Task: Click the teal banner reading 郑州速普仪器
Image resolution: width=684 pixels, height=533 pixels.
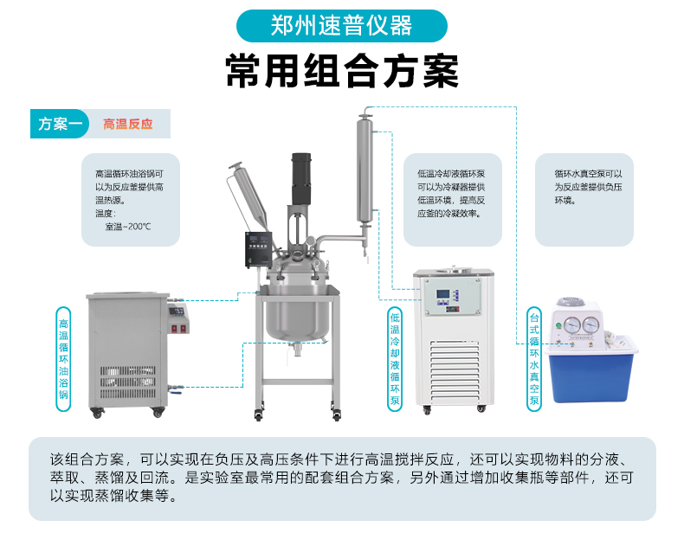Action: pyautogui.click(x=341, y=26)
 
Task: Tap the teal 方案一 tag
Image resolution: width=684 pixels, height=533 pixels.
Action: pyautogui.click(x=60, y=124)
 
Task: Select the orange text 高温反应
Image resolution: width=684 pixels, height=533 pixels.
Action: pyautogui.click(x=128, y=125)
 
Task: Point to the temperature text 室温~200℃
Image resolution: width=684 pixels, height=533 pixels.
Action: pyautogui.click(x=128, y=227)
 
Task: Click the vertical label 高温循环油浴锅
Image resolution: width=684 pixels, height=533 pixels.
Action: pyautogui.click(x=64, y=359)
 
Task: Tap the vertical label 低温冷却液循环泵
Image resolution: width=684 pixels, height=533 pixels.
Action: pyautogui.click(x=395, y=359)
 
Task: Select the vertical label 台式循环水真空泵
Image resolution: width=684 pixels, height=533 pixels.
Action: pyautogui.click(x=534, y=359)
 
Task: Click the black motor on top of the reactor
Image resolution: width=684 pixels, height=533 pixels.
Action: pyautogui.click(x=301, y=179)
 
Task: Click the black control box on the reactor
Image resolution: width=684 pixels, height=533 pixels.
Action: pyautogui.click(x=259, y=249)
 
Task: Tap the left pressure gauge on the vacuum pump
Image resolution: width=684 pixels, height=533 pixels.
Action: pyautogui.click(x=572, y=325)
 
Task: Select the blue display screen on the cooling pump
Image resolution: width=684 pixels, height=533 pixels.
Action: pyautogui.click(x=442, y=294)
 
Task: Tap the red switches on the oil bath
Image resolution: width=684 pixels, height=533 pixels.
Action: pyautogui.click(x=179, y=329)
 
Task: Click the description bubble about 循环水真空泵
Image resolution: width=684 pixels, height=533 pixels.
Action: pyautogui.click(x=584, y=200)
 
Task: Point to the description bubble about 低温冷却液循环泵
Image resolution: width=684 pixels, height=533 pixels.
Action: pyautogui.click(x=452, y=200)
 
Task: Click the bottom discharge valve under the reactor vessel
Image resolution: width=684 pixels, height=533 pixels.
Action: pyautogui.click(x=297, y=349)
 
